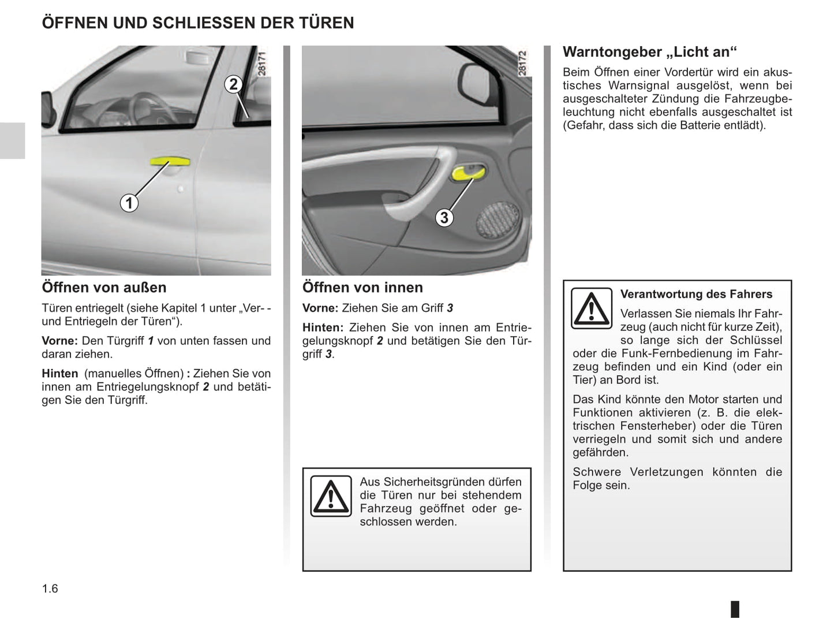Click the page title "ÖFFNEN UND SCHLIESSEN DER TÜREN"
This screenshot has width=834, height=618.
(x=198, y=23)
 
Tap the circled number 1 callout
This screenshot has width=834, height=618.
(x=129, y=203)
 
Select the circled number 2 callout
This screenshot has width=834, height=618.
(x=233, y=84)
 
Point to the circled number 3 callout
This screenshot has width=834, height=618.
(x=444, y=218)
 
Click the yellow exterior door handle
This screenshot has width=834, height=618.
(x=170, y=162)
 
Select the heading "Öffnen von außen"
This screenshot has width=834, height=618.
(x=104, y=288)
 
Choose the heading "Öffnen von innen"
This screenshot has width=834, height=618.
(x=362, y=288)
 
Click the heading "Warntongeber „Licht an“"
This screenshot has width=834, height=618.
(x=650, y=52)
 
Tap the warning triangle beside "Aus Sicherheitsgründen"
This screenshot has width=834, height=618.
(x=331, y=496)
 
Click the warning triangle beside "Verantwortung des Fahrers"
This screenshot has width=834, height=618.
(x=591, y=308)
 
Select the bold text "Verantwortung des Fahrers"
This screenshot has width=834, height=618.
(x=696, y=294)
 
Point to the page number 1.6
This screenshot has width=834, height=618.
(x=50, y=589)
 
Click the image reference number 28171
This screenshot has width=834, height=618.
(x=261, y=64)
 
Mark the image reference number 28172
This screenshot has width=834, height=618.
(x=522, y=64)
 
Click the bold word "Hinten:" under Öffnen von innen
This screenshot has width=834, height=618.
(x=323, y=327)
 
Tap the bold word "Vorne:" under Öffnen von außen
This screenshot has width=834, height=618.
(x=59, y=341)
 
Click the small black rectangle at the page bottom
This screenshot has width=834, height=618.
(x=735, y=609)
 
